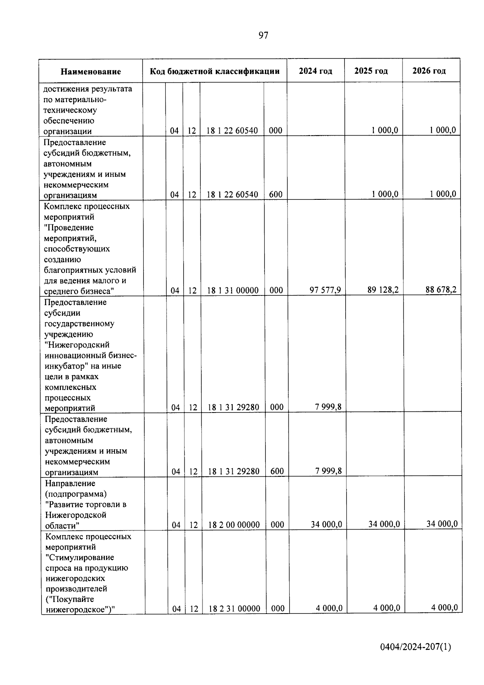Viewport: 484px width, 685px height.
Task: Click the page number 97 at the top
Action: tap(263, 36)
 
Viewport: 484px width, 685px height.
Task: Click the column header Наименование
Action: tap(91, 71)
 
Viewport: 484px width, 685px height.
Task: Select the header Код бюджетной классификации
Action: tap(215, 71)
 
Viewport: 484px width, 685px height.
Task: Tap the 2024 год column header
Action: tap(315, 71)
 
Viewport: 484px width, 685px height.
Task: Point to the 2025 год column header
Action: tap(371, 71)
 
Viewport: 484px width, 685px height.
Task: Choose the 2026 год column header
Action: tap(429, 71)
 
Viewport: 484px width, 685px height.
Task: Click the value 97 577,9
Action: tap(325, 290)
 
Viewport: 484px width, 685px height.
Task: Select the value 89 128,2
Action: tap(383, 289)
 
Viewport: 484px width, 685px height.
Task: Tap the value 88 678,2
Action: tap(441, 289)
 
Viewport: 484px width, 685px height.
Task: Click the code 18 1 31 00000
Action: tap(233, 290)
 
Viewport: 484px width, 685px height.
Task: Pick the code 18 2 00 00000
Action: tap(234, 525)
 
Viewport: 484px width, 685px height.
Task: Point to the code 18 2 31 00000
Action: tap(234, 609)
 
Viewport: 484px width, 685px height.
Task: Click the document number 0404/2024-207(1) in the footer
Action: tap(415, 647)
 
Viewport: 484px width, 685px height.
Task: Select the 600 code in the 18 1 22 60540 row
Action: tap(275, 194)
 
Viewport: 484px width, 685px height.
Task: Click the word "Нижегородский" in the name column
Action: tap(77, 345)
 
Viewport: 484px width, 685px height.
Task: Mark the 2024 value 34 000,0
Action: tap(326, 524)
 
